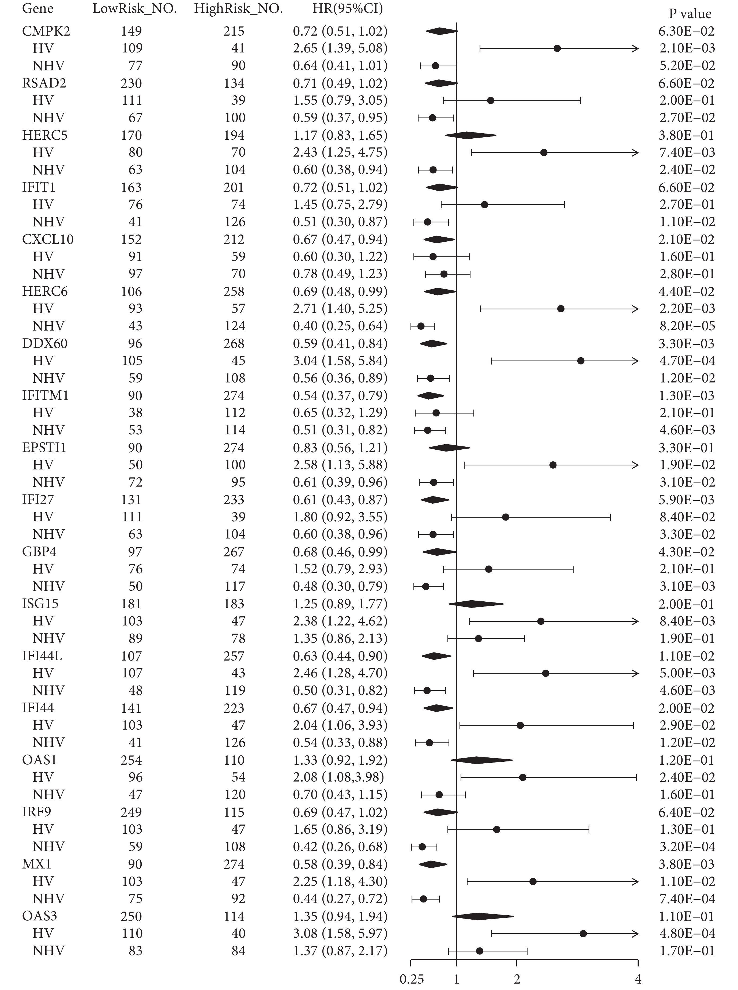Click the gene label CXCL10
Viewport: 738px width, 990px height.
pos(48,239)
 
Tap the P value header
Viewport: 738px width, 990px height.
pos(690,14)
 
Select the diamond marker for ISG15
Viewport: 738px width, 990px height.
pos(476,604)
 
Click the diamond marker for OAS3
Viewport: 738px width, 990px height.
pos(483,917)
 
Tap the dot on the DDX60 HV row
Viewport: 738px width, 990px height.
pos(581,361)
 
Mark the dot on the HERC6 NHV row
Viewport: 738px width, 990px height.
pos(421,326)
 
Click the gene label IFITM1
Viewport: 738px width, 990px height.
pos(45,396)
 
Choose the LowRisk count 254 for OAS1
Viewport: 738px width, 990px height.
pos(131,760)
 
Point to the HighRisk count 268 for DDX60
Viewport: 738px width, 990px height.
pos(234,343)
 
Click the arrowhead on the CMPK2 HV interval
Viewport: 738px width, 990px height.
pos(635,48)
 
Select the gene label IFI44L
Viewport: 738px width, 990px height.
pos(42,656)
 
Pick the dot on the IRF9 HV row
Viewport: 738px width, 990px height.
pos(496,830)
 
